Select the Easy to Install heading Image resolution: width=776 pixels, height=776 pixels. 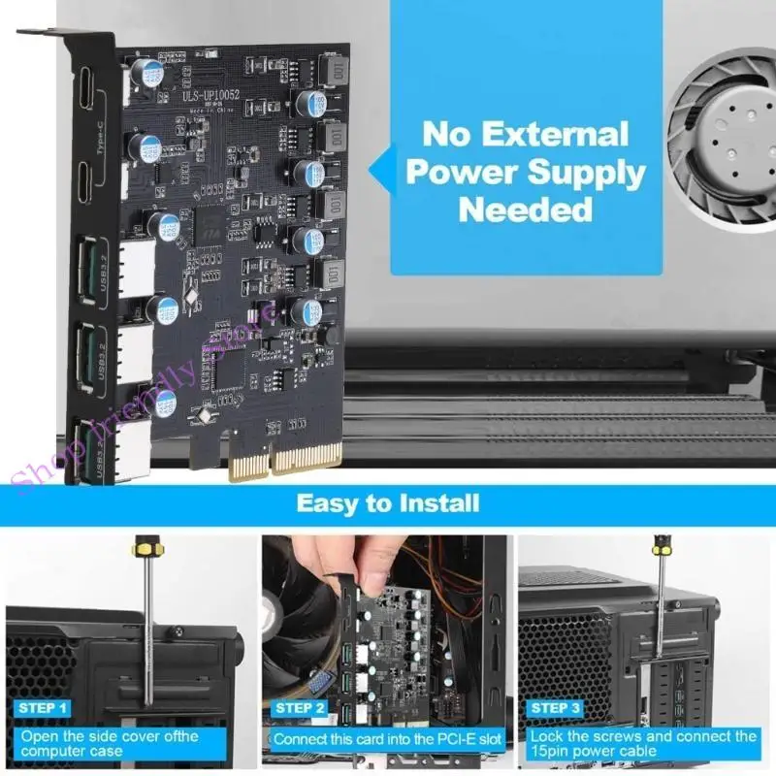coord(387,502)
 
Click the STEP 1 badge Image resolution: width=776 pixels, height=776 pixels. coord(43,708)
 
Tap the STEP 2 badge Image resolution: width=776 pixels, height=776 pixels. coord(300,708)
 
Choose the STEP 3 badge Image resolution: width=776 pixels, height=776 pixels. coord(556,708)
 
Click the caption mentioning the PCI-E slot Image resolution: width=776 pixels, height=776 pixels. coord(387,739)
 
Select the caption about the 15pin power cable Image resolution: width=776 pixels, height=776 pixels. coord(643,744)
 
